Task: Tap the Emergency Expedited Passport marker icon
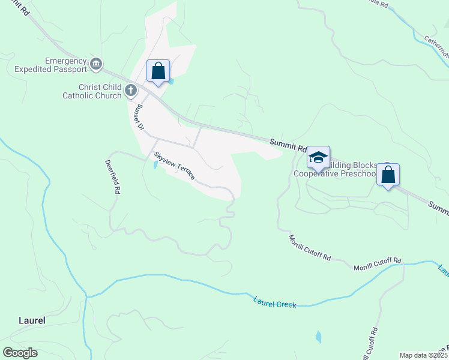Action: click(x=95, y=64)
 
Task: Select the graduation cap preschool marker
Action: click(x=318, y=157)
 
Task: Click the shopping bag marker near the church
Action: click(x=158, y=71)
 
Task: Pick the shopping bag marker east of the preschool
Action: click(x=388, y=175)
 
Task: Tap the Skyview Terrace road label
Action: click(x=174, y=166)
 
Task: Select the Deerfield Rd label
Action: click(x=113, y=176)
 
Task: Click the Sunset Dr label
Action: click(x=139, y=117)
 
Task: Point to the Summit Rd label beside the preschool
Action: click(x=288, y=144)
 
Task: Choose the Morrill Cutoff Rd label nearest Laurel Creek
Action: click(x=377, y=264)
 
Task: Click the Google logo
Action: click(x=20, y=353)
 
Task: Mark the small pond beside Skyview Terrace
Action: click(x=156, y=163)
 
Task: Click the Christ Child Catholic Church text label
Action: click(x=91, y=91)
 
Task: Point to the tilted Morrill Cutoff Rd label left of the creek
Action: click(x=310, y=247)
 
